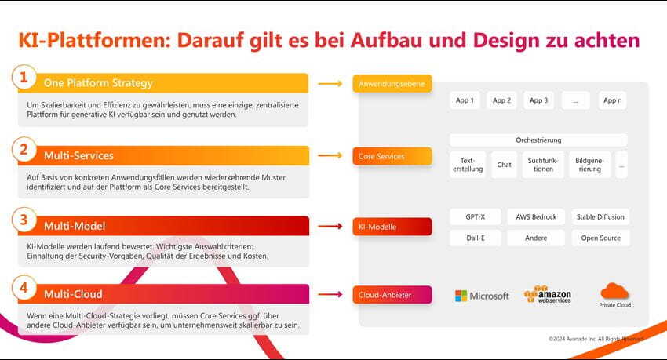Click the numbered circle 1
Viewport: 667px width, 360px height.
pyautogui.click(x=24, y=78)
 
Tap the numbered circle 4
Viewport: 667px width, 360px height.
pyautogui.click(x=24, y=288)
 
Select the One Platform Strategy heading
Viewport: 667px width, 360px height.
pyautogui.click(x=98, y=83)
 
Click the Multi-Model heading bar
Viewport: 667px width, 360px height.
pyautogui.click(x=163, y=226)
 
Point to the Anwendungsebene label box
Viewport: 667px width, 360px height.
pyautogui.click(x=392, y=84)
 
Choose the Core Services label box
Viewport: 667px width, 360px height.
pyautogui.click(x=392, y=156)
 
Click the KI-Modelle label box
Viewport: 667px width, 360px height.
pyautogui.click(x=392, y=227)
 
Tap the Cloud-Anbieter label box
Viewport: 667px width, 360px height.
pyautogui.click(x=392, y=295)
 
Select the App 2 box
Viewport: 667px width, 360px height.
pyautogui.click(x=501, y=100)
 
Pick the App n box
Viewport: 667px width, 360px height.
pyautogui.click(x=612, y=100)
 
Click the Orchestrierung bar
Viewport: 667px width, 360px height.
pyautogui.click(x=538, y=140)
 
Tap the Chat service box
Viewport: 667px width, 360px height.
pyautogui.click(x=504, y=165)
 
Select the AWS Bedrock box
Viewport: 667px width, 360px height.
pyautogui.click(x=536, y=216)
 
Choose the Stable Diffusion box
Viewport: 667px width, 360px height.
pyautogui.click(x=600, y=216)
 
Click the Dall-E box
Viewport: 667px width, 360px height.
pyautogui.click(x=476, y=238)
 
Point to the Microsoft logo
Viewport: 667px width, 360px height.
pyautogui.click(x=482, y=296)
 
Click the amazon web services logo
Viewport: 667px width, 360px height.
pyautogui.click(x=548, y=294)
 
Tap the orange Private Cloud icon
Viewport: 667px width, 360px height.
pyautogui.click(x=614, y=291)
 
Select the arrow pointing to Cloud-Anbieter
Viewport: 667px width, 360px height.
pyautogui.click(x=330, y=294)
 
